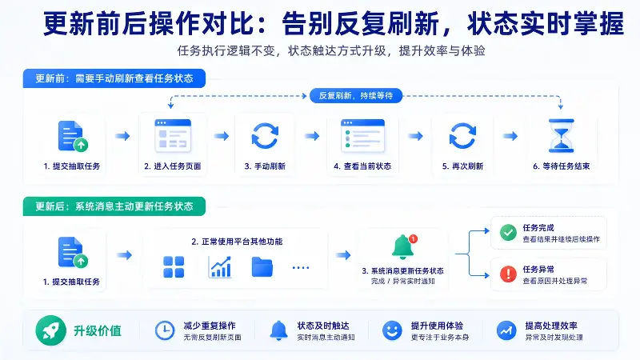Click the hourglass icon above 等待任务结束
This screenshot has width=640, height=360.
point(562,136)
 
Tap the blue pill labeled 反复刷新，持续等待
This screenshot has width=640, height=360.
point(356,95)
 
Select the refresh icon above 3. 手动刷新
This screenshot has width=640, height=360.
point(265,136)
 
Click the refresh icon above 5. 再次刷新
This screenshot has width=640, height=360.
point(462,136)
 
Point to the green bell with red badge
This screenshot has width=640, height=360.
point(404,247)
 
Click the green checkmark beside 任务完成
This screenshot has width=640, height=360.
point(508,233)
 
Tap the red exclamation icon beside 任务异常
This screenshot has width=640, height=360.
point(508,274)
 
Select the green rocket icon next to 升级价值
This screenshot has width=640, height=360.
point(50,330)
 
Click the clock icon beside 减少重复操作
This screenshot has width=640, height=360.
point(165,330)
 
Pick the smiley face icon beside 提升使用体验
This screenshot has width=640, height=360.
point(392,330)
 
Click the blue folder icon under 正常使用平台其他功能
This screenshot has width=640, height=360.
point(262,267)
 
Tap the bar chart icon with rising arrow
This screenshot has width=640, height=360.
point(220,267)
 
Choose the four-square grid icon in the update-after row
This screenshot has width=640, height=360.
point(174,267)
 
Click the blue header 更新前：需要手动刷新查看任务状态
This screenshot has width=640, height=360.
point(114,78)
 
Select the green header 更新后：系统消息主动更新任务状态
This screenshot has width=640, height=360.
point(114,206)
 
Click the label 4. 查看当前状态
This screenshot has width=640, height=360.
point(362,166)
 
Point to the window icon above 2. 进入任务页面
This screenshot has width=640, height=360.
point(173,136)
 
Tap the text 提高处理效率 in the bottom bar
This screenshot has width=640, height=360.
point(551,326)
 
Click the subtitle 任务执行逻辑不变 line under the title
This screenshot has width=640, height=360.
point(331,50)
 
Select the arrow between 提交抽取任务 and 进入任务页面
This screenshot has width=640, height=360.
point(122,136)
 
